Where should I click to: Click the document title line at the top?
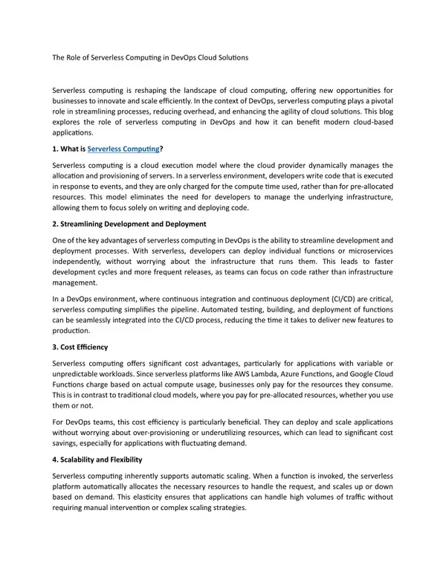pyautogui.click(x=150, y=57)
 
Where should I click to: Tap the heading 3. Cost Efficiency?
pyautogui.click(x=80, y=346)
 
